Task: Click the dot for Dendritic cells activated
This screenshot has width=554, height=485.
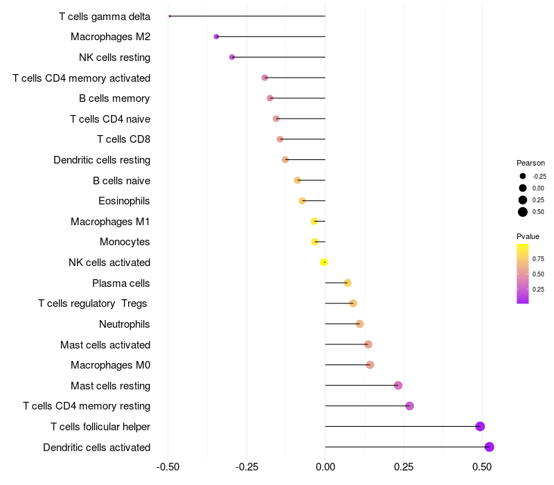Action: [x=489, y=447]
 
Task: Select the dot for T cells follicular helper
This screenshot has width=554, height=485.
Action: [x=480, y=427]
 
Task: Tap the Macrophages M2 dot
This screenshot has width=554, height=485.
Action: [x=216, y=37]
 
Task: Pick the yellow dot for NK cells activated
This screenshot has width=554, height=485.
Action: [x=323, y=262]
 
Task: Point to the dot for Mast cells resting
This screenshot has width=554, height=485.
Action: [x=397, y=385]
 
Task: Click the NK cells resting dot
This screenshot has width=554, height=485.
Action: [x=232, y=57]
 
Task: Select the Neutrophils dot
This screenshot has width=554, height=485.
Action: [x=359, y=324]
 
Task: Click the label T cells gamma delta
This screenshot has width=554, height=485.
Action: [x=105, y=16]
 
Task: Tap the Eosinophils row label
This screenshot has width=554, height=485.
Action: [x=124, y=201]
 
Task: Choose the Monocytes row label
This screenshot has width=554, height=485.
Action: [x=125, y=242]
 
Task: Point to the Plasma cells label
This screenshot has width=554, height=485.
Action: [x=120, y=283]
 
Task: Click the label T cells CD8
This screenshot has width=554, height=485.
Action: [x=123, y=139]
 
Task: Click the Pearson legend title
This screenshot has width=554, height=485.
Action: [x=530, y=163]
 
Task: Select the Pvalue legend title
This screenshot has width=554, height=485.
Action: [x=528, y=236]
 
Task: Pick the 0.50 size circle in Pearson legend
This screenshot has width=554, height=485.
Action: [x=523, y=212]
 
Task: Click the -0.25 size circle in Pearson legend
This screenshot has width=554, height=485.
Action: [x=523, y=176]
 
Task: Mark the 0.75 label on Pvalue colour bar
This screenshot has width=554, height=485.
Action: [x=538, y=258]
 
